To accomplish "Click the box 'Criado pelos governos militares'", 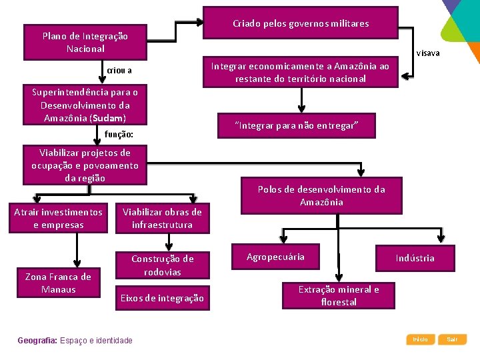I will pyautogui.click(x=300, y=24).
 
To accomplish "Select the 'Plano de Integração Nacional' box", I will pyautogui.click(x=85, y=43).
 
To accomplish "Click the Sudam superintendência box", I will pyautogui.click(x=85, y=105).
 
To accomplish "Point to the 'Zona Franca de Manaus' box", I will pyautogui.click(x=59, y=283).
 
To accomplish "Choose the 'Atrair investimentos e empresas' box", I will pyautogui.click(x=59, y=218).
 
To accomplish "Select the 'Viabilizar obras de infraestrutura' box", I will pyautogui.click(x=162, y=218).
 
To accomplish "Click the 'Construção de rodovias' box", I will pyautogui.click(x=162, y=265).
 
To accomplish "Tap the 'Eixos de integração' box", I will pyautogui.click(x=162, y=298).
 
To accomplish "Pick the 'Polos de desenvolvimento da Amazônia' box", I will pyautogui.click(x=321, y=195).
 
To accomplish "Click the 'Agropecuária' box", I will pyautogui.click(x=275, y=257).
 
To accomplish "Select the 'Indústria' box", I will pyautogui.click(x=415, y=258).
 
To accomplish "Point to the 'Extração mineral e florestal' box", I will pyautogui.click(x=339, y=295).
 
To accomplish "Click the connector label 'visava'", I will pyautogui.click(x=428, y=53).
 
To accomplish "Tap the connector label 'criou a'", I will pyautogui.click(x=119, y=71).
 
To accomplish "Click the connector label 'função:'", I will pyautogui.click(x=119, y=135).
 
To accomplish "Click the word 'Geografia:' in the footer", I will pyautogui.click(x=37, y=341).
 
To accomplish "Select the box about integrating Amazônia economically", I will pyautogui.click(x=300, y=73).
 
